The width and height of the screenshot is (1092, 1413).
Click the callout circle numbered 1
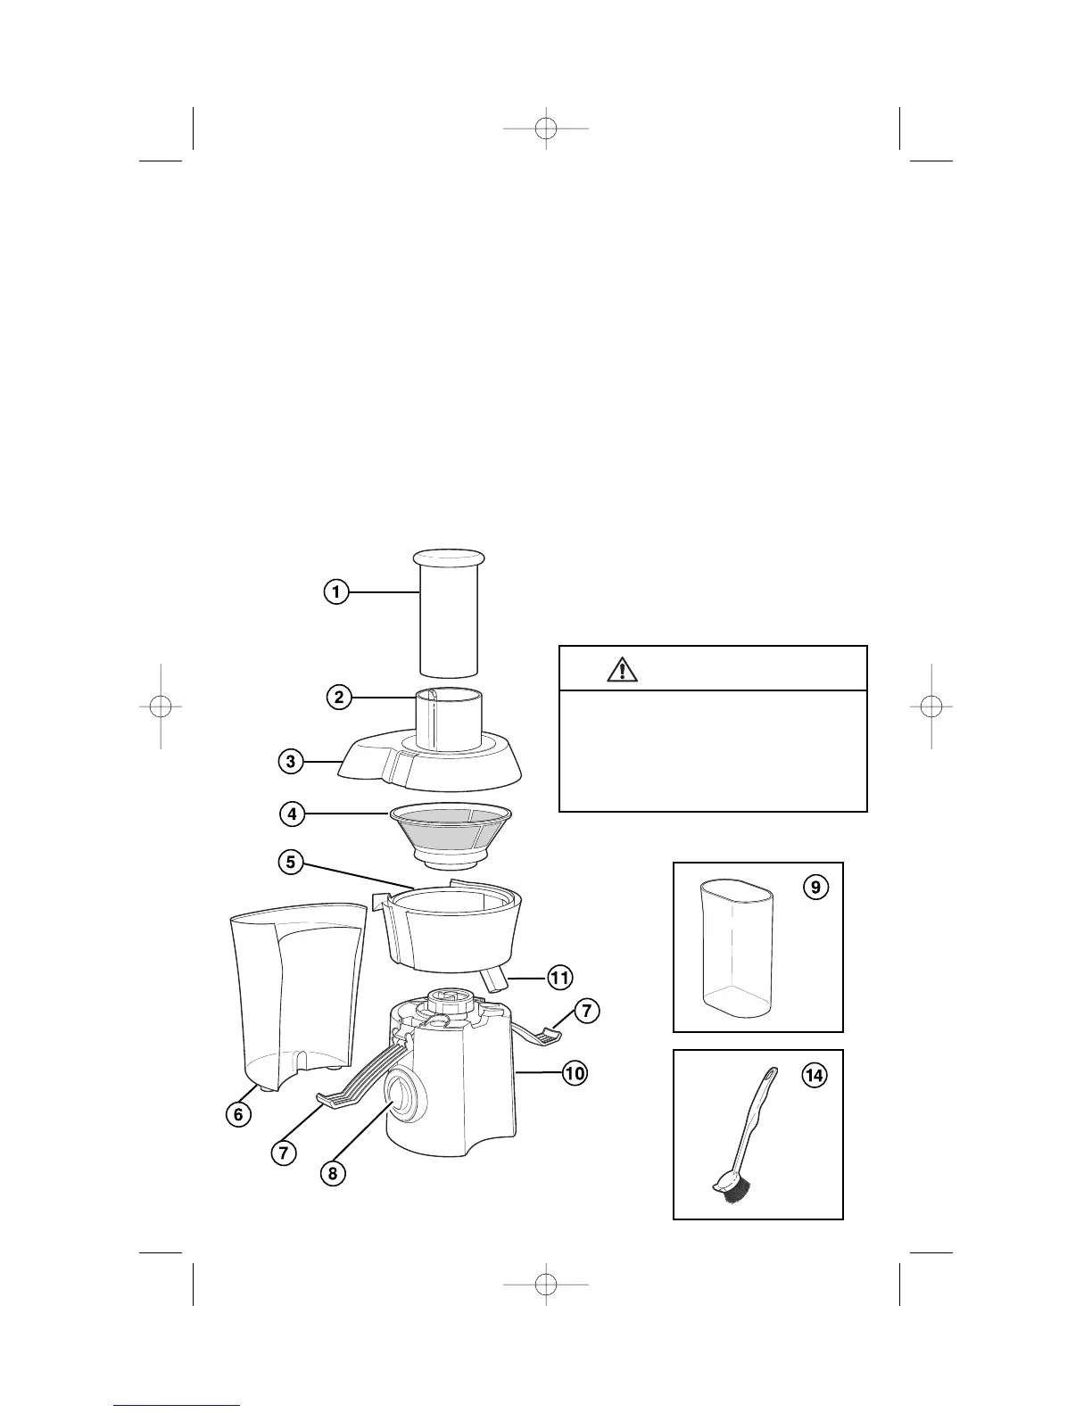point(335,591)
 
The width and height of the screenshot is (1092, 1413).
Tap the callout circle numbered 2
point(338,698)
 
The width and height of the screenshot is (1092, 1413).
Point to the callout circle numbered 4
point(291,814)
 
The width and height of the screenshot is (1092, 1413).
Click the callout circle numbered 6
point(237,1114)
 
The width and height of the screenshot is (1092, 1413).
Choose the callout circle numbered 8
point(333,1173)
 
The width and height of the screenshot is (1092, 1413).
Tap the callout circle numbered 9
point(815,888)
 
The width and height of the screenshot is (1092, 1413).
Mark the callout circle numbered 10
point(575,1073)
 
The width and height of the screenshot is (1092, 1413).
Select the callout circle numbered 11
point(559,978)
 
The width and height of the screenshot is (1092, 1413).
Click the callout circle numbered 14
point(815,1076)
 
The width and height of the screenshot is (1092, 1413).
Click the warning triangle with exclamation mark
point(622,668)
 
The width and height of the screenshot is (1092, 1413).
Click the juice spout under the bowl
point(494,981)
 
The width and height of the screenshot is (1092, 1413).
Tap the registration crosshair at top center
point(546,128)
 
